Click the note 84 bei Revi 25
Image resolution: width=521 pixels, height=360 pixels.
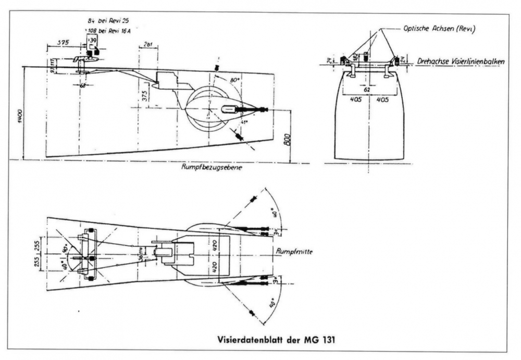[109, 20]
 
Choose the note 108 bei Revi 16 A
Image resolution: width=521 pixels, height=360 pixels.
[112, 30]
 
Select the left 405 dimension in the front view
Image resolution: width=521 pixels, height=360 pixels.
[355, 98]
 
